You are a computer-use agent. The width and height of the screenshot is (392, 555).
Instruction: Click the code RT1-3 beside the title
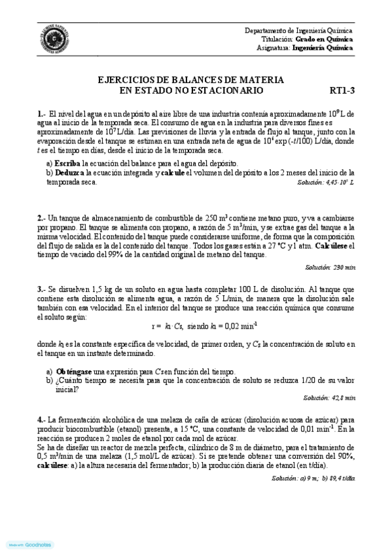click(x=341, y=90)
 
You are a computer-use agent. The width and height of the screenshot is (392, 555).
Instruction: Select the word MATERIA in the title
click(x=258, y=80)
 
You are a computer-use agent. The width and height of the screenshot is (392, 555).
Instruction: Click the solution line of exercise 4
click(x=312, y=478)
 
